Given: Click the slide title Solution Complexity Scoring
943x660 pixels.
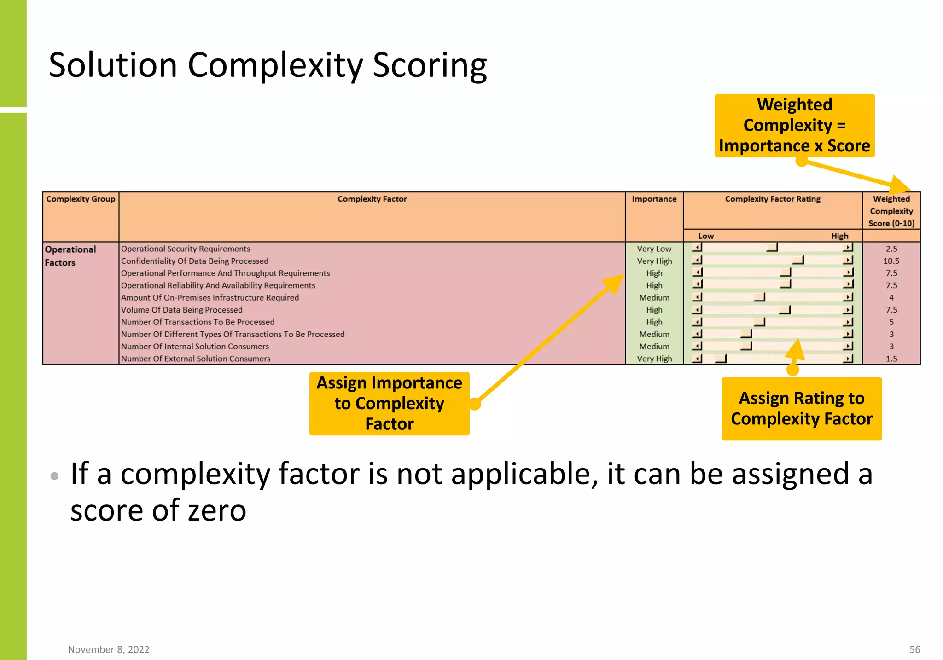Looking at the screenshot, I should [x=268, y=65].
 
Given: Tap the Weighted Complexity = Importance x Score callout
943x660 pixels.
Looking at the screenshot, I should [x=794, y=125].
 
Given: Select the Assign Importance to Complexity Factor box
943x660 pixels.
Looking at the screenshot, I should [x=389, y=404].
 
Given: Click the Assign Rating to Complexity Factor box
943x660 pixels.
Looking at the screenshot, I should [x=801, y=409].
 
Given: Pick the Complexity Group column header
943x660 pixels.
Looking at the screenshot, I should [x=81, y=199].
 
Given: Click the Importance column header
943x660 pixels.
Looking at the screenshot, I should [x=654, y=199].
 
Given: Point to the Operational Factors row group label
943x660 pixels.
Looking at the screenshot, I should [x=70, y=256].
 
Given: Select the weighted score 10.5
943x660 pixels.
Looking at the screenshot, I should [x=891, y=261].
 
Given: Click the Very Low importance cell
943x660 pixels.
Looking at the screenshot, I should [x=654, y=249].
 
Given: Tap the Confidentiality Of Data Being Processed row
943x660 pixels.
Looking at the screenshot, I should [x=194, y=261].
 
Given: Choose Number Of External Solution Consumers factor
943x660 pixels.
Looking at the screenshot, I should [x=196, y=359].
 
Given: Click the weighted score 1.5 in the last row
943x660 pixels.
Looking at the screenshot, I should [x=891, y=359].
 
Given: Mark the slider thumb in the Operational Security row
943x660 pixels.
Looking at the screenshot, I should [x=772, y=248].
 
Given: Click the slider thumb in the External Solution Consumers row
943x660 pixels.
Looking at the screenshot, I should [x=721, y=358].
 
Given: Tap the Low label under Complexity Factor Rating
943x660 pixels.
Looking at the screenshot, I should [x=705, y=236].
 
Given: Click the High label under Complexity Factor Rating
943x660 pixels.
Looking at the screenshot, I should [x=839, y=236].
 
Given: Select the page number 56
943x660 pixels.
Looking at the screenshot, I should [x=914, y=649].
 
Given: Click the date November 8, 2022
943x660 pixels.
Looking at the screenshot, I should [x=109, y=649].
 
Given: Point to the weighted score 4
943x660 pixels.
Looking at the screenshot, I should [x=891, y=298].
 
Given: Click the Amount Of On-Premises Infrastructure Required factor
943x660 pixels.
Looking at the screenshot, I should [x=210, y=298].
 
